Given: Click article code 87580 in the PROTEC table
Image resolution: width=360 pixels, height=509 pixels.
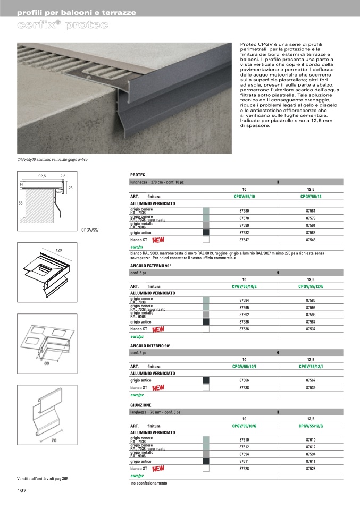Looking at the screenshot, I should pyautogui.click(x=244, y=211).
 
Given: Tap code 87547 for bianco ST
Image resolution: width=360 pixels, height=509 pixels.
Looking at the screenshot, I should pyautogui.click(x=244, y=240).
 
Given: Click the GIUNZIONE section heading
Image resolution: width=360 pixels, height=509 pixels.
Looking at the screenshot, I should pyautogui.click(x=141, y=405).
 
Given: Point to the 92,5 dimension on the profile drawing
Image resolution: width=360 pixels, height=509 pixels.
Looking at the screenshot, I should pyautogui.click(x=42, y=175).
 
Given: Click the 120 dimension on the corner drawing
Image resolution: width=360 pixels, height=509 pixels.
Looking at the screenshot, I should pyautogui.click(x=59, y=250).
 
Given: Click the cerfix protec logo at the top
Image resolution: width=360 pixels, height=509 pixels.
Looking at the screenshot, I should pyautogui.click(x=63, y=25).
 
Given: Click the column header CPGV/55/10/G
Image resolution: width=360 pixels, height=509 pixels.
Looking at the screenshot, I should pyautogui.click(x=244, y=426).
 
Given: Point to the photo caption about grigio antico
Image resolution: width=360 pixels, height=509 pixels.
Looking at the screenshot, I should pyautogui.click(x=52, y=159).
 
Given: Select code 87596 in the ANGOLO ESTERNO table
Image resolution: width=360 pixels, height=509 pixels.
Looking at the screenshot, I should pyautogui.click(x=311, y=307).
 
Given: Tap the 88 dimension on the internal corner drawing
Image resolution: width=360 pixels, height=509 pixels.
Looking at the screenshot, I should pyautogui.click(x=47, y=364).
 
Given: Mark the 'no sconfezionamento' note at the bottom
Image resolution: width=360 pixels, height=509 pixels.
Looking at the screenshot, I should pyautogui.click(x=149, y=483).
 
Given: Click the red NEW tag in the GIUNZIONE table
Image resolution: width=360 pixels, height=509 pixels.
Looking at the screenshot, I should pyautogui.click(x=158, y=469).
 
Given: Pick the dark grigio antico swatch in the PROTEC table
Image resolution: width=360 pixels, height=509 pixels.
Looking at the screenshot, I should pyautogui.click(x=206, y=232).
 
